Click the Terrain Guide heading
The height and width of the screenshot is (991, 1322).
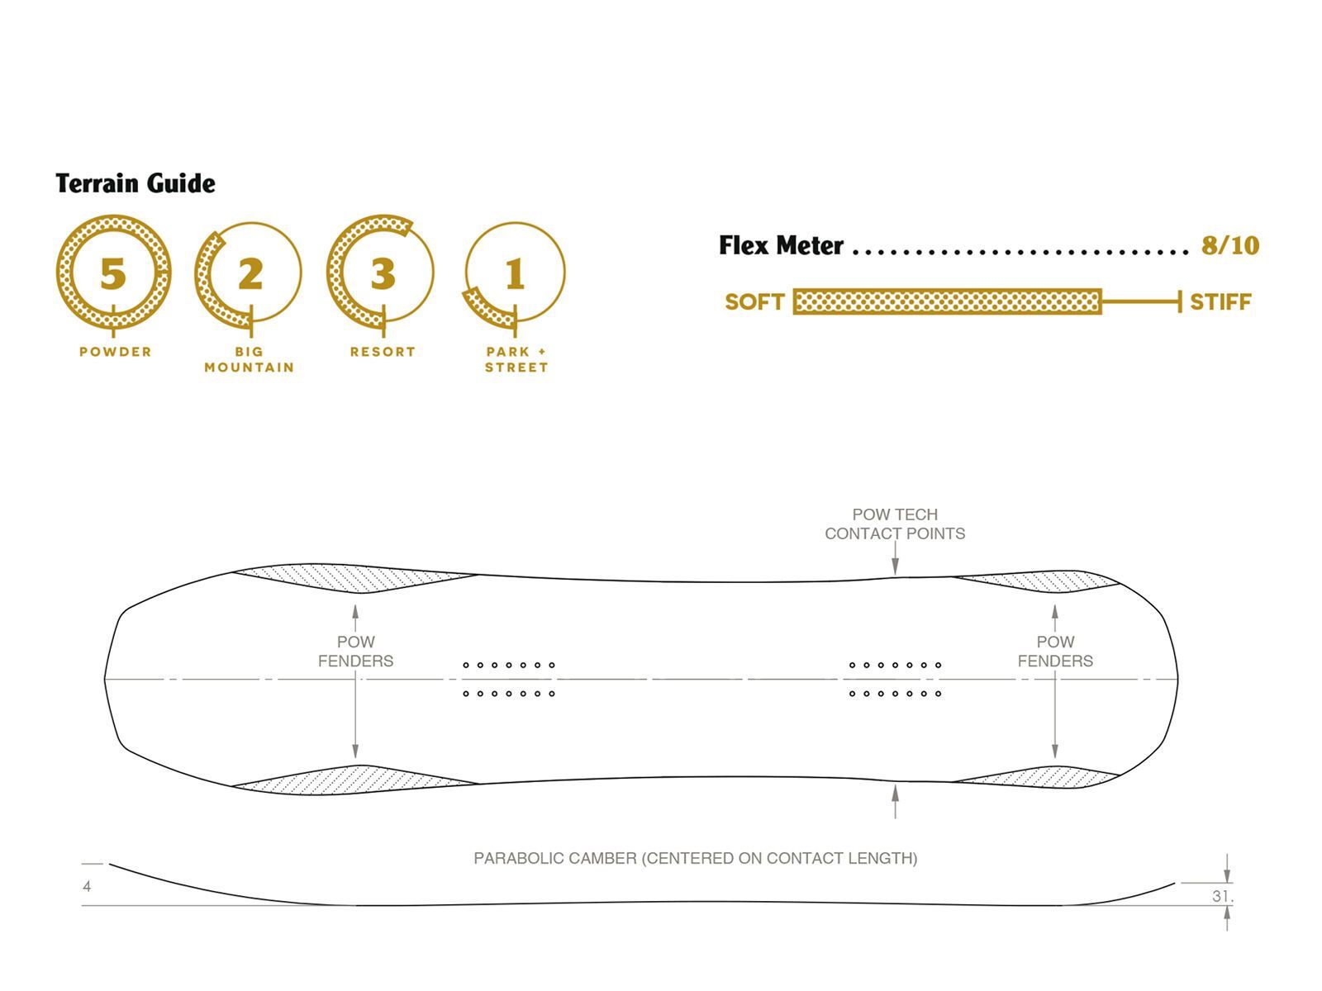pos(136,183)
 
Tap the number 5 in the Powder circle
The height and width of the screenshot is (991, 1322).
pos(113,274)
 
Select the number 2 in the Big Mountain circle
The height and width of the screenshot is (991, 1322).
pos(250,274)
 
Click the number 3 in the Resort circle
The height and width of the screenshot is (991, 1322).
pos(383,274)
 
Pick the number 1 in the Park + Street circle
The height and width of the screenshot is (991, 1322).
pos(515,274)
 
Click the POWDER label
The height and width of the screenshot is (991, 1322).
pos(116,352)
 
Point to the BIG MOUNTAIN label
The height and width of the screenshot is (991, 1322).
pos(249,359)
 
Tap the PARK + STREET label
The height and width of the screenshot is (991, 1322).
pos(516,359)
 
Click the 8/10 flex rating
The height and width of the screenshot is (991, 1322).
pos(1229,245)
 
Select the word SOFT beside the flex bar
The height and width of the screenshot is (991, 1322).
pos(754,302)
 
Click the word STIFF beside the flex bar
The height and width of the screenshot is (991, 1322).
pos(1220,302)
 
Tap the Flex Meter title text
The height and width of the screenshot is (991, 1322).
pos(781,245)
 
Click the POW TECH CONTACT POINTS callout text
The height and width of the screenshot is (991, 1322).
pos(895,524)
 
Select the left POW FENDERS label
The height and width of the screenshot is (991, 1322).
pos(355,652)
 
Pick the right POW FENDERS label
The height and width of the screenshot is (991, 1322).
pos(1055,652)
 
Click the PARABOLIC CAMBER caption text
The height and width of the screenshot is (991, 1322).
pos(695,859)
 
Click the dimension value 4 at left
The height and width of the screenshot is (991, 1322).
pos(87,887)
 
